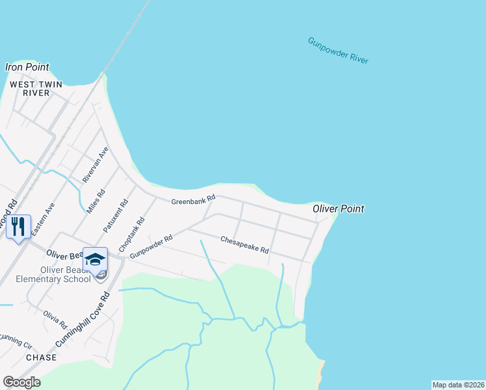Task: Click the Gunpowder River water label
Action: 338,51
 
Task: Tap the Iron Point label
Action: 27,68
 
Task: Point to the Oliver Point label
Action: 338,209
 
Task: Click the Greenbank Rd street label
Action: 193,201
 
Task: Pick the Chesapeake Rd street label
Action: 244,244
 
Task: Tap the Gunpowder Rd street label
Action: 151,248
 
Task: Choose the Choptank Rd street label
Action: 132,235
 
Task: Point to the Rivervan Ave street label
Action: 95,164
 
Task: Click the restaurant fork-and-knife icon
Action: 18,226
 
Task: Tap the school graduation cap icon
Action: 95,259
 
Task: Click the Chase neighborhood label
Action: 41,357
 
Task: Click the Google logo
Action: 21,382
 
